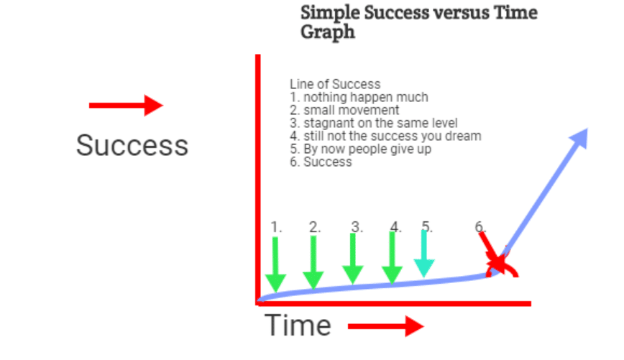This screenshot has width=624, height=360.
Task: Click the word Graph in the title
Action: coord(328,32)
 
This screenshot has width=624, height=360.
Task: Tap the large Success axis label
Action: coord(132,145)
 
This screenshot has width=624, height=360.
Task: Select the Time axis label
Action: coord(298,325)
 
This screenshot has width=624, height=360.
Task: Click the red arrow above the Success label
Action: coord(126,106)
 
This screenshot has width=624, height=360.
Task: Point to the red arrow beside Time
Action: coord(386,326)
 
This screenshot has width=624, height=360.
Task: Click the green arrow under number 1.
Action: coord(275,264)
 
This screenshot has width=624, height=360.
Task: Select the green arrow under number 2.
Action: coord(313,262)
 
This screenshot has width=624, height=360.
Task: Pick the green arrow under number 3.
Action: coord(352,259)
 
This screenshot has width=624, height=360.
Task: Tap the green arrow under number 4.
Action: coord(392,258)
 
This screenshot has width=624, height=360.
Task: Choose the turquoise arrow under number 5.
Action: coord(424,254)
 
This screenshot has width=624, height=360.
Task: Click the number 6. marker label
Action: coord(480,227)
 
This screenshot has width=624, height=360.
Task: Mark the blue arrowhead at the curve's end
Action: coord(579,138)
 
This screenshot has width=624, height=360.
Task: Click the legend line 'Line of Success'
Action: coord(335,84)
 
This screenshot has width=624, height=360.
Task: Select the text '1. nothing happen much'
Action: coord(359,97)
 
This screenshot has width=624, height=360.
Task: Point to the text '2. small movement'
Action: coord(344,110)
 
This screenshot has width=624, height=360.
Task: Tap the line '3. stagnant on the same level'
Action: coord(374,123)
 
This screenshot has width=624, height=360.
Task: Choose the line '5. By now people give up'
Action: coord(361,149)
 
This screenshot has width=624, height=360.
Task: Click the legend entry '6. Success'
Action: coord(321,162)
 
